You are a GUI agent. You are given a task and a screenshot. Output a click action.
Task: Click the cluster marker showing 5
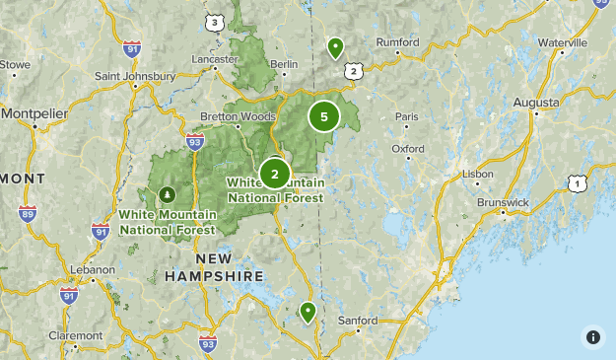(323, 116)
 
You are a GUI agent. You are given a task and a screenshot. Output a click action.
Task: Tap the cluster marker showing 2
(274, 174)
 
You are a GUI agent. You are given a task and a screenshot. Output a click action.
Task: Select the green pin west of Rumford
(335, 46)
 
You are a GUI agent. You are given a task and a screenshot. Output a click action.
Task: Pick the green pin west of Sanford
(308, 312)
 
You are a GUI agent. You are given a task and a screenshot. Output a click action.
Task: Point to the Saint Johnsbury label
(135, 76)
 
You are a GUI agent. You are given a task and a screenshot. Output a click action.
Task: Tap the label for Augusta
(535, 103)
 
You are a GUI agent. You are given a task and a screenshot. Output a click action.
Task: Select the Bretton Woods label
(238, 116)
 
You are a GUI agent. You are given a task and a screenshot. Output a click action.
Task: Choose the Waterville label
(562, 42)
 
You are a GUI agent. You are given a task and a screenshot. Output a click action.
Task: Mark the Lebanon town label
(93, 269)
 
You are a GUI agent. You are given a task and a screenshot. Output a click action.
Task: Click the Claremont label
(76, 334)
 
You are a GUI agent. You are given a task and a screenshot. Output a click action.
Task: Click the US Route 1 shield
(578, 183)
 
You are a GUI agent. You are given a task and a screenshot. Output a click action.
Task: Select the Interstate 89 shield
(28, 213)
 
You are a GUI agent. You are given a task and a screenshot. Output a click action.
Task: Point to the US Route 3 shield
(214, 22)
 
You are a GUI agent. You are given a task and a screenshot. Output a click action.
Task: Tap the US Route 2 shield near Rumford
(353, 71)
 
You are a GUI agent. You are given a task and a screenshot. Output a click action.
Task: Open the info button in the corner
(592, 336)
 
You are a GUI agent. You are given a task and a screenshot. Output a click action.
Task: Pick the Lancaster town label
(215, 59)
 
